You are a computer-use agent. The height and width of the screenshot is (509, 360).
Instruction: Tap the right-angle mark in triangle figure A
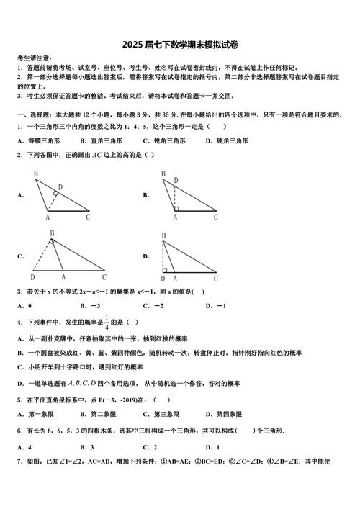click(x=55, y=194)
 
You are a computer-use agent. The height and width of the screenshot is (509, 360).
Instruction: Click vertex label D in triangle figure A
click(x=60, y=187)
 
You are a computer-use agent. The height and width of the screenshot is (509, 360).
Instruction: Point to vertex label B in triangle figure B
click(x=163, y=174)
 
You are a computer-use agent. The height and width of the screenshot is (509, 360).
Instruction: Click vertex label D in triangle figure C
click(x=32, y=276)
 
